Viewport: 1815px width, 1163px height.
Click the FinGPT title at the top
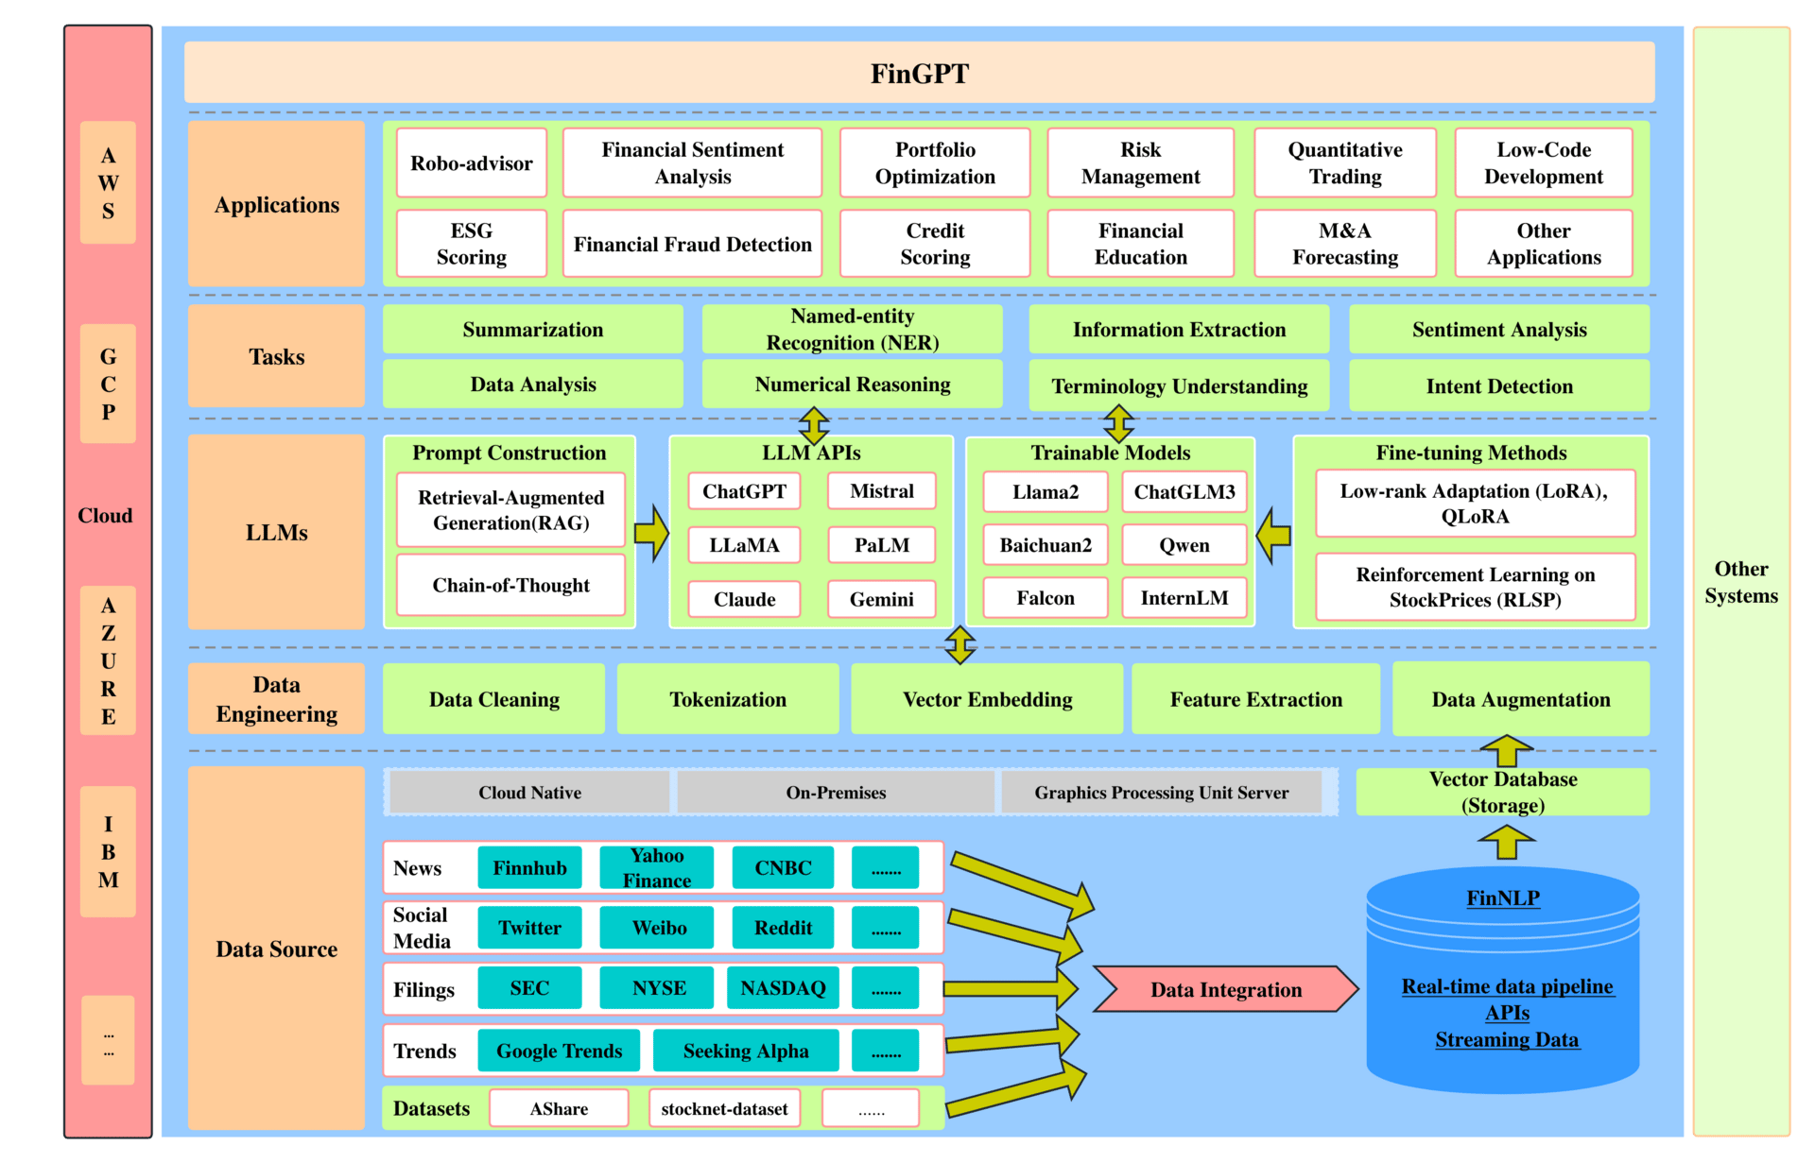(919, 74)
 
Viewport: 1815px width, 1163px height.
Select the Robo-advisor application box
(472, 163)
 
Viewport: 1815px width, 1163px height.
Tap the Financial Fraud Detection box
(693, 244)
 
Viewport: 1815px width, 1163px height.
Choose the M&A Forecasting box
(1345, 244)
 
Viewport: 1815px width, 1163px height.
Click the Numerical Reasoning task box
(853, 385)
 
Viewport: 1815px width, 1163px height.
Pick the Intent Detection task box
(1499, 385)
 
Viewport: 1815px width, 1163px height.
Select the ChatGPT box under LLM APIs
(744, 491)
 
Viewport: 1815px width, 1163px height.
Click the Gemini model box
(882, 599)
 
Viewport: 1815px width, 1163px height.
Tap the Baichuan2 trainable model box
(1046, 545)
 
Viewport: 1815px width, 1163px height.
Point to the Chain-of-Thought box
(510, 586)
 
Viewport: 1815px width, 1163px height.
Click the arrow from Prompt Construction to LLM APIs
(651, 533)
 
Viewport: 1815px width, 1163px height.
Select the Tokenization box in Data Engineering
(728, 699)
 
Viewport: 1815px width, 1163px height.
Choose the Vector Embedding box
(987, 699)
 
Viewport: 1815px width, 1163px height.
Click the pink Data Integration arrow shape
(1226, 989)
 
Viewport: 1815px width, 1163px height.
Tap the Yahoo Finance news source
(657, 867)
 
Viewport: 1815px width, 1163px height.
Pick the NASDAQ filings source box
(783, 988)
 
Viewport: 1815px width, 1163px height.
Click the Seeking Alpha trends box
(746, 1051)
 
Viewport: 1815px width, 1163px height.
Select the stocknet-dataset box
(724, 1108)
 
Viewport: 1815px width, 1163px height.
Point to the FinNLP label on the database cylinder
(1503, 898)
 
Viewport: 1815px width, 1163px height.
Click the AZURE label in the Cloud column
(109, 661)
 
